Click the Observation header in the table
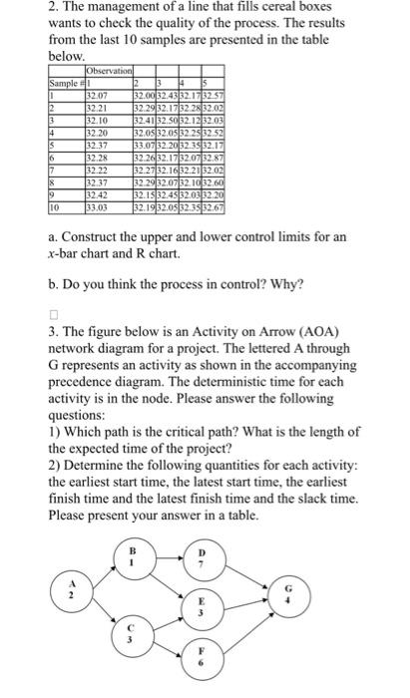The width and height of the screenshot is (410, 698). tap(110, 71)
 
